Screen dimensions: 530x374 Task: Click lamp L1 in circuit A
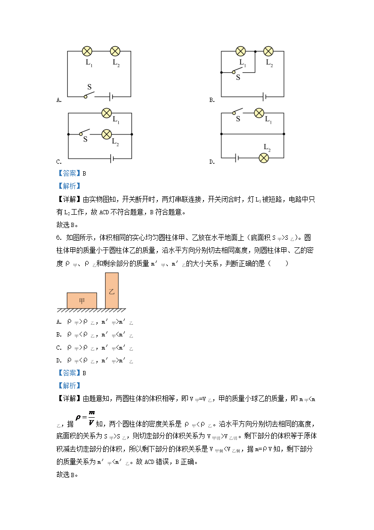point(87,51)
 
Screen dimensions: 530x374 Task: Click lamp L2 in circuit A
point(115,51)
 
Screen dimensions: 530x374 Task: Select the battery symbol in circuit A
point(111,96)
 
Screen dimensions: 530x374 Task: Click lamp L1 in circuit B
point(241,51)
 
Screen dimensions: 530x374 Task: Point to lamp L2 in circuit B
point(268,51)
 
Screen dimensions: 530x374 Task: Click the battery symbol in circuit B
point(265,96)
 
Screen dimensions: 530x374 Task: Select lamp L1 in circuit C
point(107,113)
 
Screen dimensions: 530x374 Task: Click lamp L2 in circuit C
point(107,135)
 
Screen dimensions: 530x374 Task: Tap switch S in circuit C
point(85,133)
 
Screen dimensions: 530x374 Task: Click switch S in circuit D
point(238,112)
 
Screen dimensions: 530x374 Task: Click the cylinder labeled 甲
point(82,301)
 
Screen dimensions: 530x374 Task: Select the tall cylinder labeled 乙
point(112,291)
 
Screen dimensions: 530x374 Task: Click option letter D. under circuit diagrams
point(212,162)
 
